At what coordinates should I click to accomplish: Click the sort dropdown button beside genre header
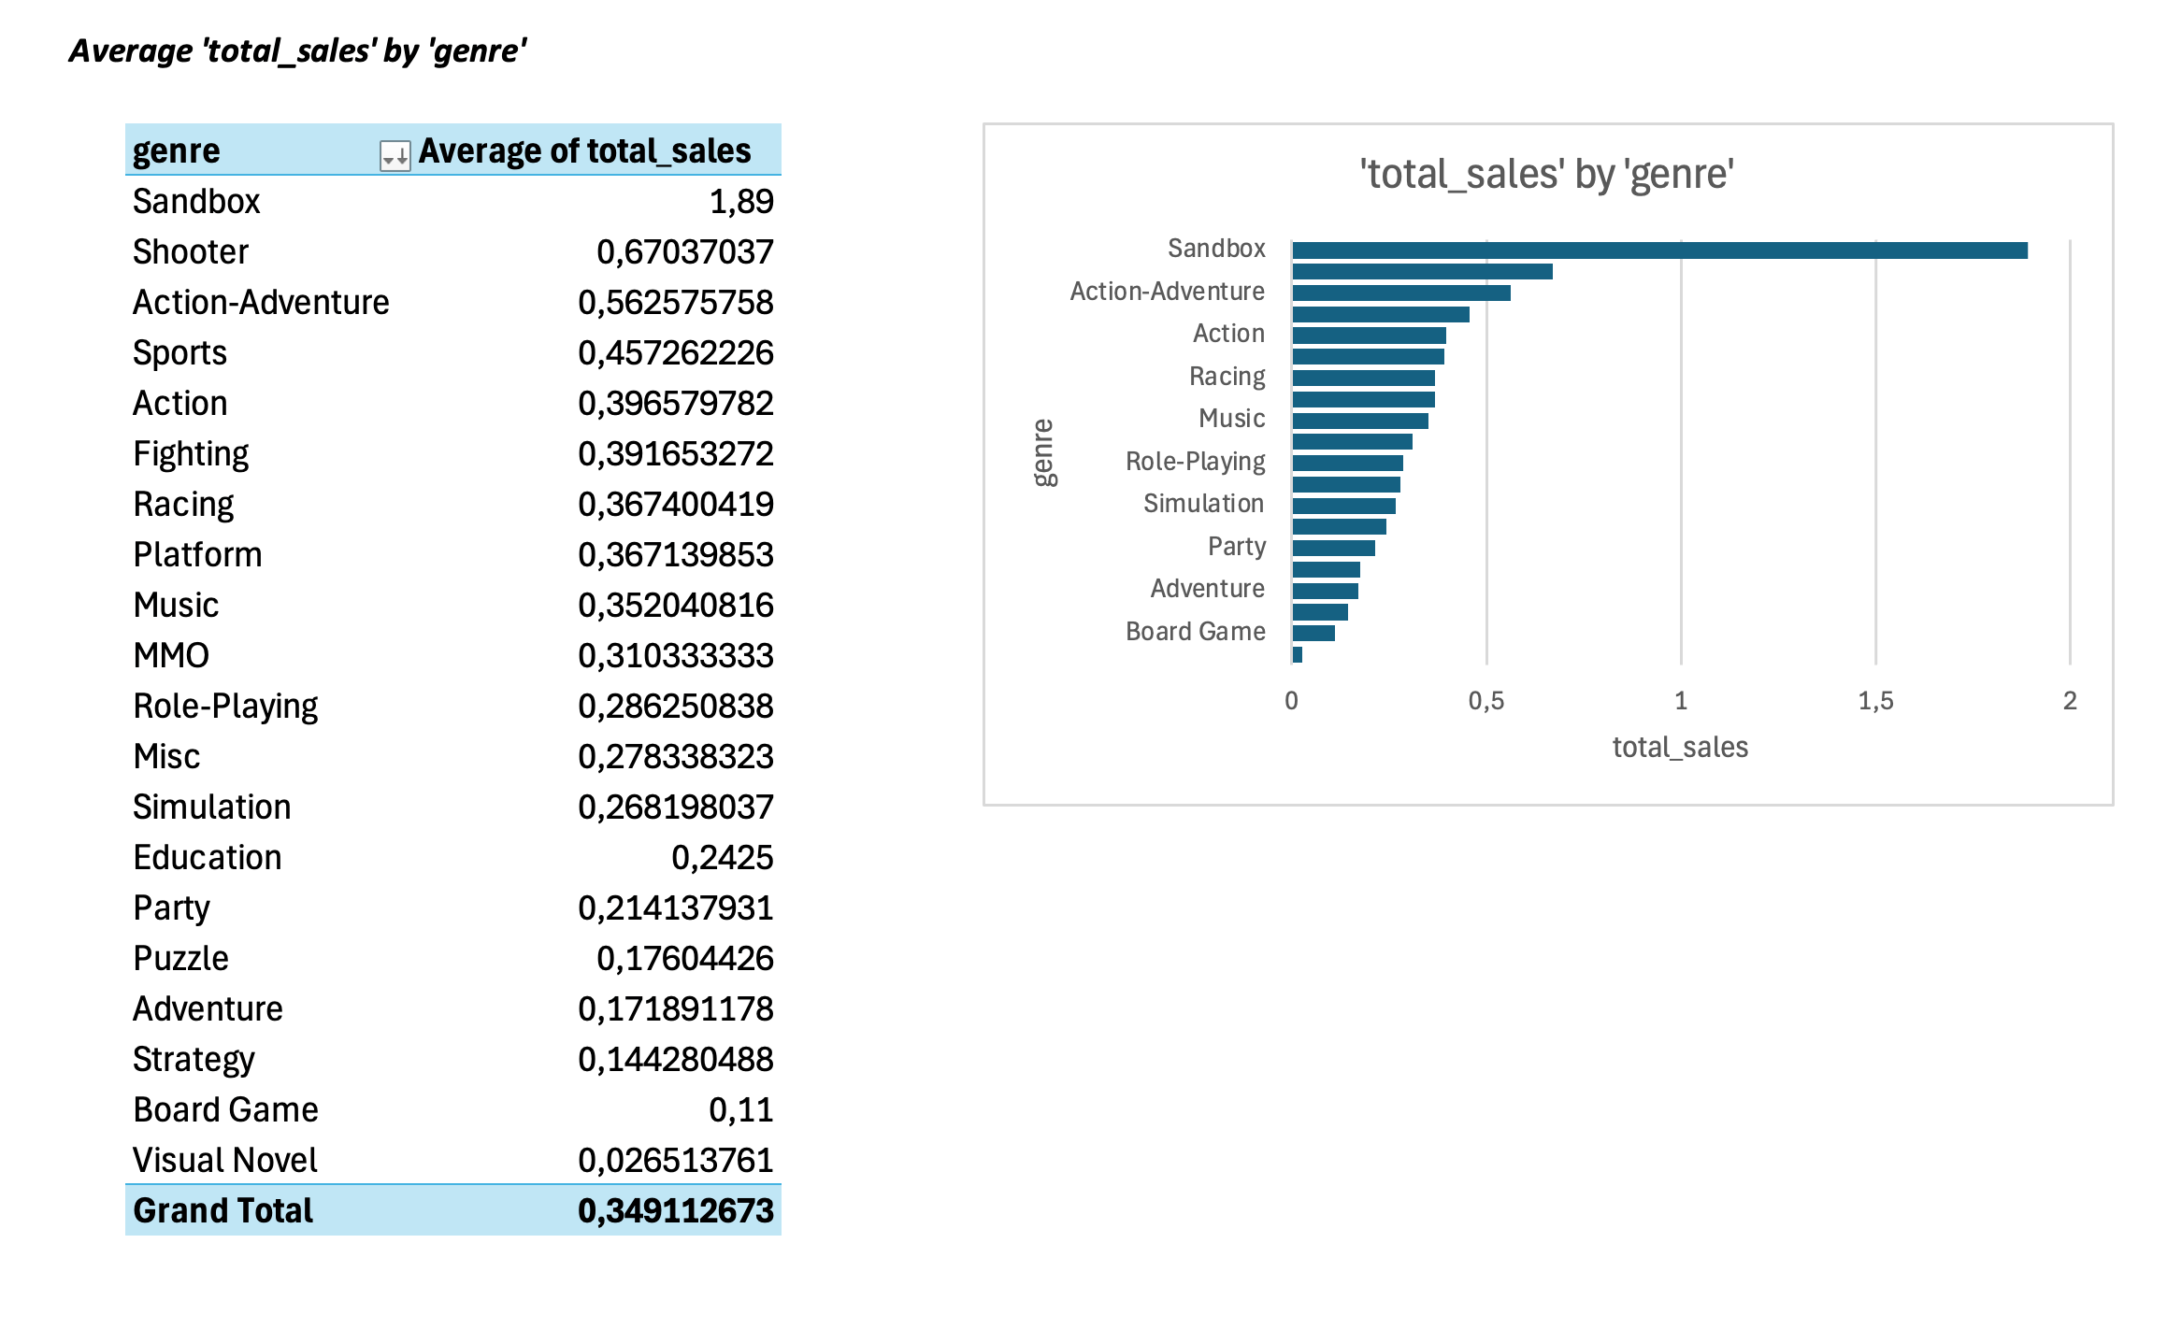[395, 154]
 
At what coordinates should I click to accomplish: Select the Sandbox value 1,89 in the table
[740, 202]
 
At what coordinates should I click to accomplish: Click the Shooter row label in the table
[191, 252]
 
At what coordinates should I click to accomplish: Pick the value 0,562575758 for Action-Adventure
[675, 303]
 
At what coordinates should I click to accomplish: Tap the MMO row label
[171, 656]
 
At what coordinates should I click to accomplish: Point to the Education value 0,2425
[722, 858]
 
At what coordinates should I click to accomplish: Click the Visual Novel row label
[225, 1161]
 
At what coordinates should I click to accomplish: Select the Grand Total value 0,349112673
[675, 1211]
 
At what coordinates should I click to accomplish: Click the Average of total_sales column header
[584, 151]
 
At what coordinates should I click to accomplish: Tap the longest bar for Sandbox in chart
[1659, 250]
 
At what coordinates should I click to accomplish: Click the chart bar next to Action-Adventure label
[1401, 293]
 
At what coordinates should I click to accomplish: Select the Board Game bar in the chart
[1313, 633]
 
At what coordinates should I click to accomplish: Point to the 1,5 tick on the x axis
[1875, 701]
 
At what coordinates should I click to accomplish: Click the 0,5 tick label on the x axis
[1486, 701]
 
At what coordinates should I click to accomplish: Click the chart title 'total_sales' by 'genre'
[1547, 175]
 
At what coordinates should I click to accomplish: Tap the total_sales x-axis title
[1680, 748]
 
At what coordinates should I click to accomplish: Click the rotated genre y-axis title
[1043, 453]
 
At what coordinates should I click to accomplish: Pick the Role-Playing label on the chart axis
[1195, 462]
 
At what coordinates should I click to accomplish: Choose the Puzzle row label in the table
[180, 959]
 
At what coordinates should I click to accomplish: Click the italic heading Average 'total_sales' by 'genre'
[298, 51]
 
